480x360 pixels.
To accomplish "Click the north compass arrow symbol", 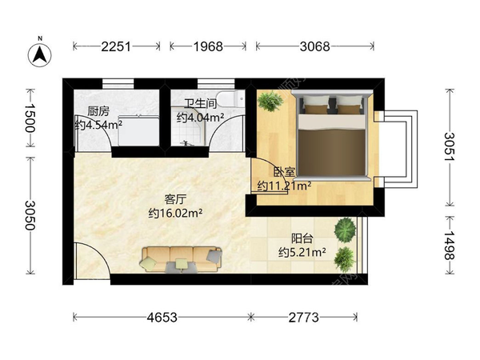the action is pos(40,54).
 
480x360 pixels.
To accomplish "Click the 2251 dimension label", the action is pos(116,46).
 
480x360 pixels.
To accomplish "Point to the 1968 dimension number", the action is pos(208,46).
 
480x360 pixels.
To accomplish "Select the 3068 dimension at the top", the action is pos(314,46).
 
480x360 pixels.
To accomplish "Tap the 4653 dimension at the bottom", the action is pos(162,318).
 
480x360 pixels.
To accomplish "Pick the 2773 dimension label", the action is pos(304,318).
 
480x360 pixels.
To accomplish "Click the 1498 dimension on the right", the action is pos(450,245).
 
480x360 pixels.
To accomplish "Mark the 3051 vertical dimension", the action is pos(450,147).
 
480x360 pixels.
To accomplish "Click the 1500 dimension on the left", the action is pos(30,118).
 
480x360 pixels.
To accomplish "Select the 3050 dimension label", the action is pos(30,215).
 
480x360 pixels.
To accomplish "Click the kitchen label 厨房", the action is pos(98,111).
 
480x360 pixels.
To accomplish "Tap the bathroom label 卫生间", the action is pos(200,104).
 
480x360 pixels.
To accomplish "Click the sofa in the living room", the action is pos(182,259).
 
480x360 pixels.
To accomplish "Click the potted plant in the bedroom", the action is pos(270,101).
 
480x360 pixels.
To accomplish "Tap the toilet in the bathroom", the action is pos(232,98).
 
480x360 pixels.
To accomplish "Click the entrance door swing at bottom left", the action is pos(92,261).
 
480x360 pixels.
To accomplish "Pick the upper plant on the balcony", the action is pos(346,229).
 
